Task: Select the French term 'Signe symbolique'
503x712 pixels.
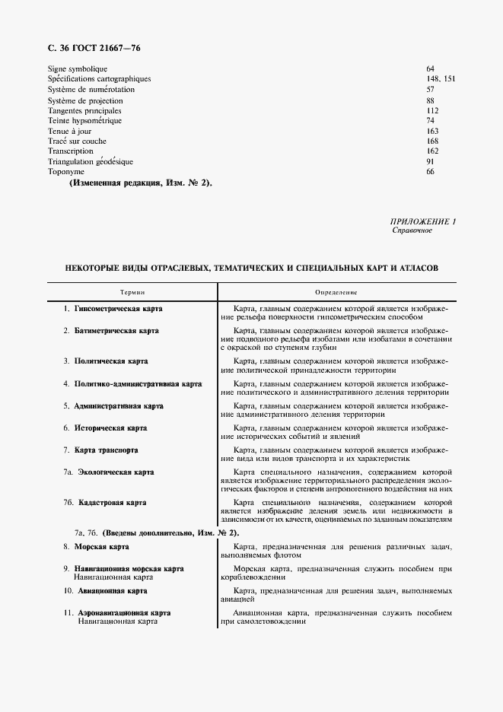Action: click(x=78, y=69)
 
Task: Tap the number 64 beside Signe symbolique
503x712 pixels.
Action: click(x=430, y=69)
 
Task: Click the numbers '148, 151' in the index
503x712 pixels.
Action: click(x=441, y=79)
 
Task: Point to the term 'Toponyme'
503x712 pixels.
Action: click(x=65, y=172)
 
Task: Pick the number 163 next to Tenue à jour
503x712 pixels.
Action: click(x=432, y=131)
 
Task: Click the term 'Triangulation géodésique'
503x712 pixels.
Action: click(x=91, y=161)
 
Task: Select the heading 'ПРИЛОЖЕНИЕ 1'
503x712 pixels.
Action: click(x=422, y=221)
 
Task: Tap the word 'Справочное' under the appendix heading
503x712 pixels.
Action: click(x=412, y=230)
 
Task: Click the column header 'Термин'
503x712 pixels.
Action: click(x=132, y=292)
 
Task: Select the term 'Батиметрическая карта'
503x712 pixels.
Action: click(x=116, y=331)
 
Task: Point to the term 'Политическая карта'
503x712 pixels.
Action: click(x=111, y=361)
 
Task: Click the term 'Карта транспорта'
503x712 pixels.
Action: click(x=106, y=450)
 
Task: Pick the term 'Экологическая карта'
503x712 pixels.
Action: click(x=116, y=472)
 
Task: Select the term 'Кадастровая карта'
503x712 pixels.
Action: click(x=113, y=503)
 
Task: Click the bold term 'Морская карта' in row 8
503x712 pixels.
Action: click(x=101, y=547)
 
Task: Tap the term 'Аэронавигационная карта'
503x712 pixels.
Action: click(x=124, y=612)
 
